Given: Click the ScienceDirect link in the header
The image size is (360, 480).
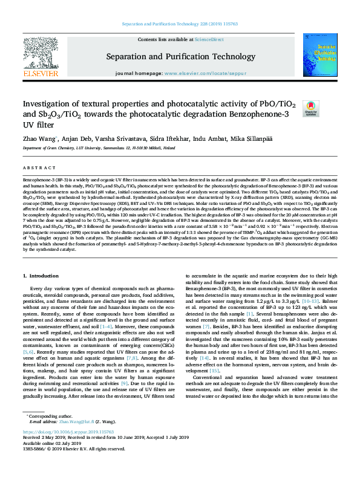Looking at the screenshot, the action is [209, 39].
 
